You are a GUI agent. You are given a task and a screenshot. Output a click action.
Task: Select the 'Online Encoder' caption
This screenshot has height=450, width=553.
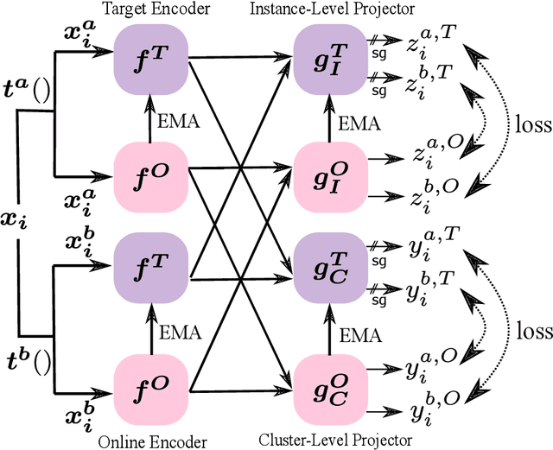coord(152,441)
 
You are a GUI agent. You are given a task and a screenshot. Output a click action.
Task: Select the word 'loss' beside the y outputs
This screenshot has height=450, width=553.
coord(531,332)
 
